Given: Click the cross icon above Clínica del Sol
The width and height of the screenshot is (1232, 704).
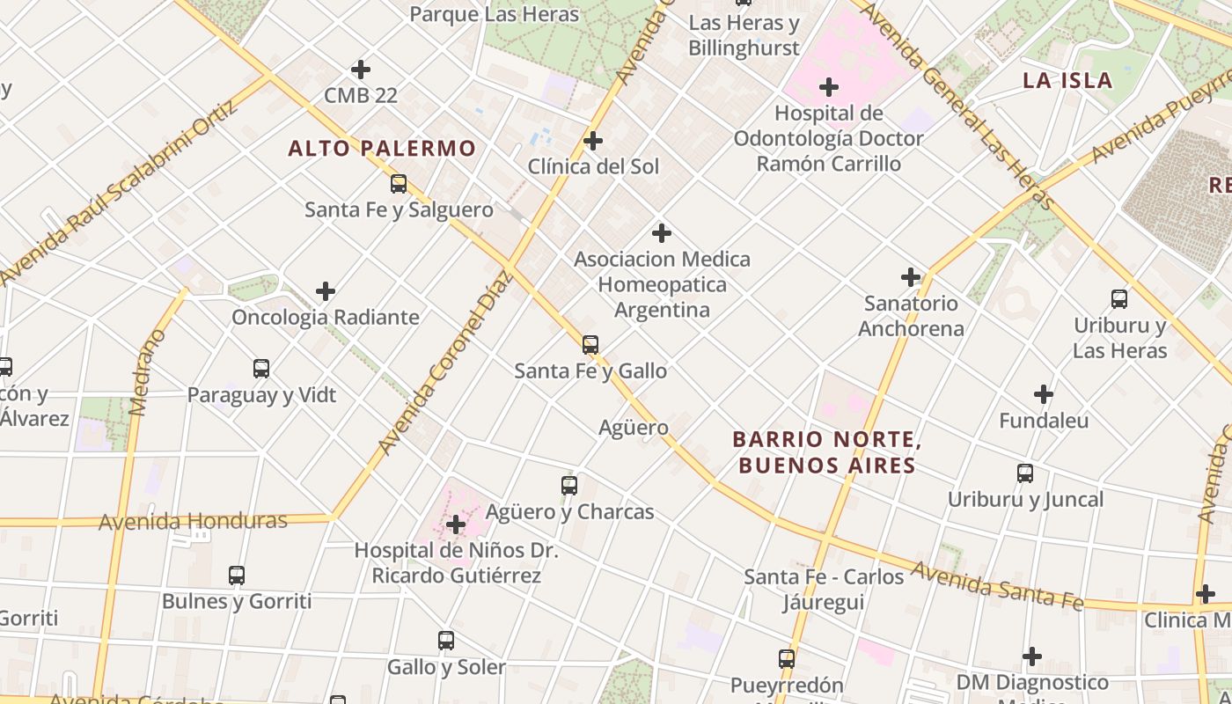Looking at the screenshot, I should pyautogui.click(x=593, y=141).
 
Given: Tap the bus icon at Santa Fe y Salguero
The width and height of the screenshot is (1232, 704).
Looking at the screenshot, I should pyautogui.click(x=399, y=184).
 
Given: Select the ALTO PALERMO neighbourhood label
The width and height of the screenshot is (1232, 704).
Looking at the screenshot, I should pyautogui.click(x=382, y=149).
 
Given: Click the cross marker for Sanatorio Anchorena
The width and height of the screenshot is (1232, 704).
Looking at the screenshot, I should pyautogui.click(x=911, y=278).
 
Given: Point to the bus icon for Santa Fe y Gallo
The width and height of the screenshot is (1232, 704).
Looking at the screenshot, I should pyautogui.click(x=590, y=345).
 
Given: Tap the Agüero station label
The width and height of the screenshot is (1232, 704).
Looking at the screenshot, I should pyautogui.click(x=634, y=428).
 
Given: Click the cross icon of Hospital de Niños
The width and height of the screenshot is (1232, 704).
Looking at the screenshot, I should pyautogui.click(x=456, y=525).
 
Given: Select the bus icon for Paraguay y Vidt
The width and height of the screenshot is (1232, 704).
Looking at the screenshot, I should pyautogui.click(x=261, y=369).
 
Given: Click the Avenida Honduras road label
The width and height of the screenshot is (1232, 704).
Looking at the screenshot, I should pyautogui.click(x=193, y=521).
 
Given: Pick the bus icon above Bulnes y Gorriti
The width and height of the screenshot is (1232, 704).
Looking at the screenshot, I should pyautogui.click(x=237, y=576).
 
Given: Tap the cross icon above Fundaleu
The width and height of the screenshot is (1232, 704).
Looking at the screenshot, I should pyautogui.click(x=1044, y=394).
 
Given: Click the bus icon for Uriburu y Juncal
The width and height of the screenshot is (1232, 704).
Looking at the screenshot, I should pyautogui.click(x=1025, y=473).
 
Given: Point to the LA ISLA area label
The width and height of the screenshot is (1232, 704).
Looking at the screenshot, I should pyautogui.click(x=1067, y=81).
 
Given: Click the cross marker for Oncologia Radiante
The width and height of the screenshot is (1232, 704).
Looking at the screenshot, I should pyautogui.click(x=326, y=291).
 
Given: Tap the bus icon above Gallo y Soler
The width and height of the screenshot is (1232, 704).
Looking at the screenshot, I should pyautogui.click(x=446, y=641).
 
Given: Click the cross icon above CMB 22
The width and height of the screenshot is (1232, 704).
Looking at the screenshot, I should pyautogui.click(x=360, y=70).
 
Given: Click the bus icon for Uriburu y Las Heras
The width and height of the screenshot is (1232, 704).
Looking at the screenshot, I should pyautogui.click(x=1119, y=299).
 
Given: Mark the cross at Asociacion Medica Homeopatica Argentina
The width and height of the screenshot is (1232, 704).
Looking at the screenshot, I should pyautogui.click(x=662, y=233).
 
